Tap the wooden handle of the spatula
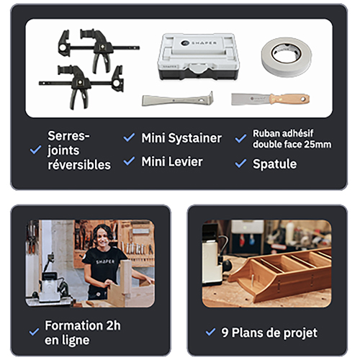289,99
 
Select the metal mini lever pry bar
178,99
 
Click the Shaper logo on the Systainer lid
199,43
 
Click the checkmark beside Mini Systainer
129,138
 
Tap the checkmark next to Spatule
240,163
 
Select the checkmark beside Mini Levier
129,161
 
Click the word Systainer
194,138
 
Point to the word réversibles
79,165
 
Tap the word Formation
74,325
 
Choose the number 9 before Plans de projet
225,333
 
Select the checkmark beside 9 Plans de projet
210,332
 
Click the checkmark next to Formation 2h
34,332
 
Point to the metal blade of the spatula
251,99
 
